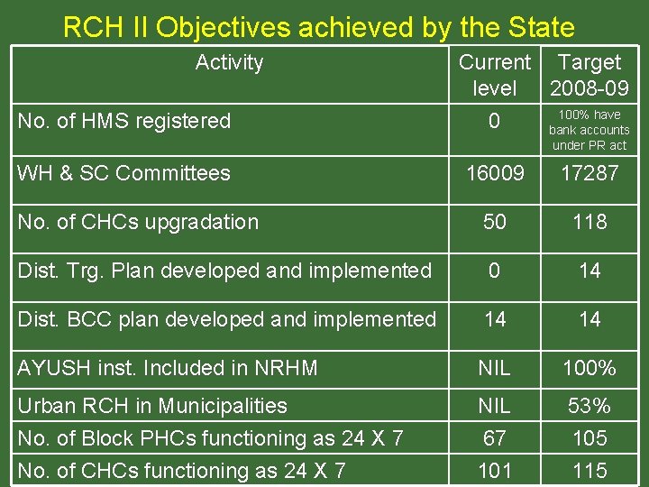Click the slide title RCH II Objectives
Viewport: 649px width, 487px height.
[x=318, y=27]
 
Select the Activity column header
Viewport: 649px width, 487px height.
[x=229, y=62]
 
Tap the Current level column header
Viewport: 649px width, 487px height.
[x=495, y=75]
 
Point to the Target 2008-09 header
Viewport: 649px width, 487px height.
[x=590, y=75]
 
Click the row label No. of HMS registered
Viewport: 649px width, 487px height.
[x=124, y=121]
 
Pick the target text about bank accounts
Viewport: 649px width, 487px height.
[x=590, y=130]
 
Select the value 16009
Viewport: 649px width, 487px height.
[x=495, y=173]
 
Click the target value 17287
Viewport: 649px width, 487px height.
[x=590, y=173]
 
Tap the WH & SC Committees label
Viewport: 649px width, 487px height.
[x=124, y=173]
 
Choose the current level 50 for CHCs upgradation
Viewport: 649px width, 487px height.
[x=495, y=222]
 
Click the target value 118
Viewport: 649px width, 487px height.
[x=590, y=222]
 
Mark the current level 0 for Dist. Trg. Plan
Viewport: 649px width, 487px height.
[x=495, y=271]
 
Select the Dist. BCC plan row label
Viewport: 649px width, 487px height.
[x=226, y=319]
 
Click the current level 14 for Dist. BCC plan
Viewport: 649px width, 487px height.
[x=495, y=319]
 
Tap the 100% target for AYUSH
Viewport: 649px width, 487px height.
[x=590, y=368]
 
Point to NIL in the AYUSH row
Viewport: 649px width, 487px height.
[x=495, y=368]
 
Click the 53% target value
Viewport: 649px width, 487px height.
[x=590, y=406]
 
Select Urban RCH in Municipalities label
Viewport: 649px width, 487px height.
[x=152, y=406]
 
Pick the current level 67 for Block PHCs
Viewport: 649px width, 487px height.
[x=495, y=438]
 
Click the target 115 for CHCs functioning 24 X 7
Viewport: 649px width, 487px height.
[x=590, y=471]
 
